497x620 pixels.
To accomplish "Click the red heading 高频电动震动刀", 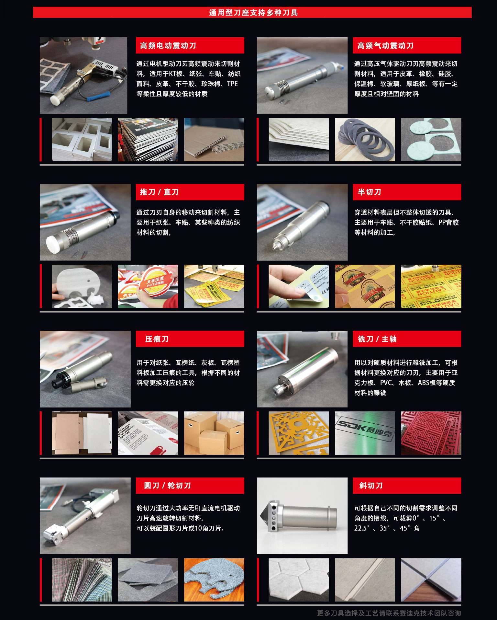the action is [168, 46].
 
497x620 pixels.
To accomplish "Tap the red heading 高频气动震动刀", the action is [385, 46].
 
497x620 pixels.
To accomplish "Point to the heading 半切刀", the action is [369, 192].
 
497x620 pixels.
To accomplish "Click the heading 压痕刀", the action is [157, 339].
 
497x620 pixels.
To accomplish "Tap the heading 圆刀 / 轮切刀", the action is [167, 486].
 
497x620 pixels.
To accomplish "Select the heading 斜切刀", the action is [371, 486].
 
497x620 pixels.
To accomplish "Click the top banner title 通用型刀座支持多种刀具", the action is [253, 13].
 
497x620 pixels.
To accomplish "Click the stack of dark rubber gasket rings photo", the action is [365, 140].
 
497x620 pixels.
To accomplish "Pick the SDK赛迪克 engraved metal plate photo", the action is [365, 433].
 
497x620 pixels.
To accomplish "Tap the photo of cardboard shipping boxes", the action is [214, 433].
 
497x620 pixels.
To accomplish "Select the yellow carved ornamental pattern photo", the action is [299, 433].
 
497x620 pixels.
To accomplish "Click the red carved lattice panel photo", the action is [431, 433].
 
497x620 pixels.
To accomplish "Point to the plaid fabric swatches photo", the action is [82, 580].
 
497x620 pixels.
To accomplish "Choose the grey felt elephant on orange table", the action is [214, 580].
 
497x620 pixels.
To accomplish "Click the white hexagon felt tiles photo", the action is [299, 580].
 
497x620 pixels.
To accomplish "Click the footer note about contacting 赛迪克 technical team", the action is [389, 613].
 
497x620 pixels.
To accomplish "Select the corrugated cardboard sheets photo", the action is [214, 140].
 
